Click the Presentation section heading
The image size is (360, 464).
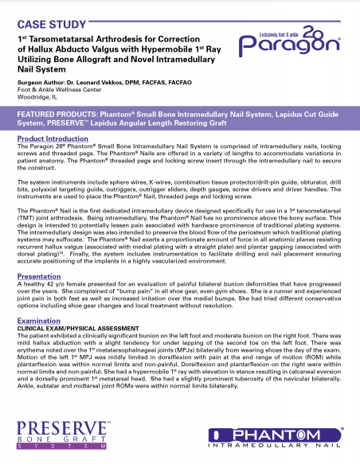pos(39,278)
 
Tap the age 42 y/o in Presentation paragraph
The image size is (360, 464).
pos(49,286)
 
